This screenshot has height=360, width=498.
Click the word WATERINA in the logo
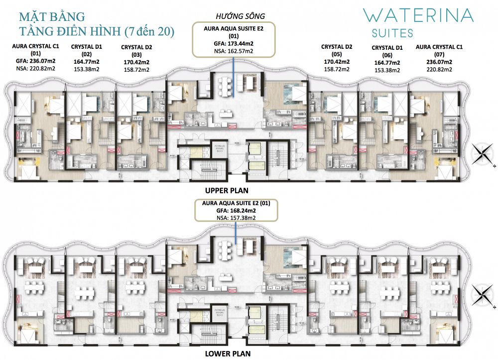[418, 15]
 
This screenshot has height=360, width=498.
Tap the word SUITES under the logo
[392, 34]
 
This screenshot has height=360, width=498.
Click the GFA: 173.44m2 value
[234, 43]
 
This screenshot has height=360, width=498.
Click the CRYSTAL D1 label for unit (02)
[87, 47]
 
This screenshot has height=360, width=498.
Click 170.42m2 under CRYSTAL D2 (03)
[137, 62]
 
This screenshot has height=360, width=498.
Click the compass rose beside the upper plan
[482, 153]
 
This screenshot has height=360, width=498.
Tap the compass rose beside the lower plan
[482, 294]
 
